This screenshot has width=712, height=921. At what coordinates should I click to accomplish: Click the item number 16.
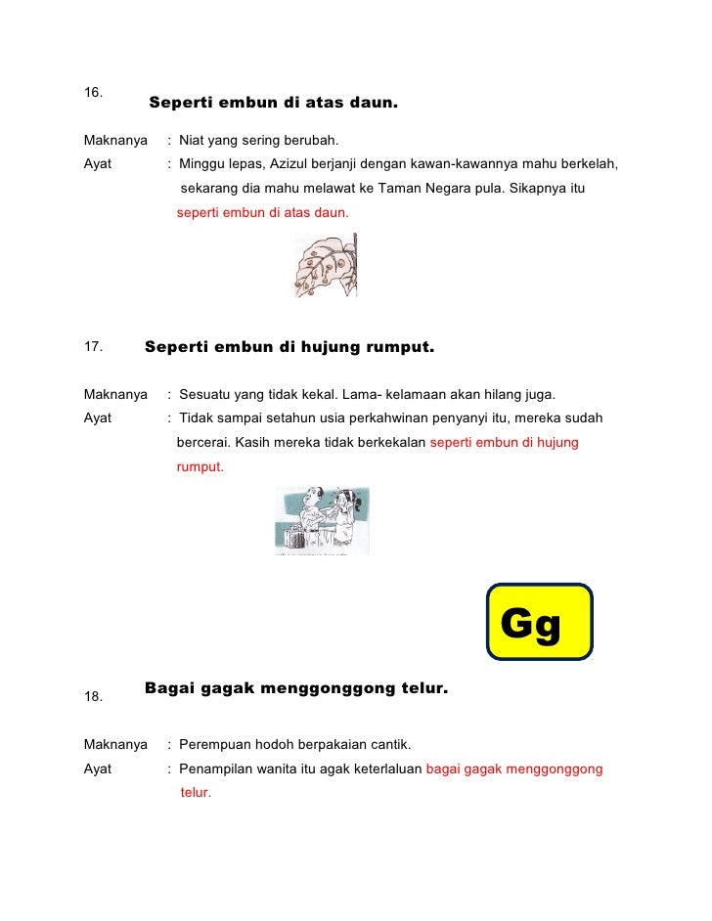(x=93, y=93)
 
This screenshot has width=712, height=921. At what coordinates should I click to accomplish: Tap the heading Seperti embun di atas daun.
(x=273, y=103)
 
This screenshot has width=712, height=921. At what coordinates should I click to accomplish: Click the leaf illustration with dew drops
(x=326, y=266)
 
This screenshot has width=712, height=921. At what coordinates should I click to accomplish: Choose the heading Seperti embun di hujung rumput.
(x=289, y=347)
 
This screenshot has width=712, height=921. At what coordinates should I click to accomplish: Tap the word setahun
(x=288, y=418)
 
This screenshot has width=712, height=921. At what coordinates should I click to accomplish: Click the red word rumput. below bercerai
(x=200, y=467)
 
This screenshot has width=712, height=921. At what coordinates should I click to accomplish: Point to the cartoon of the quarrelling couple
(x=322, y=521)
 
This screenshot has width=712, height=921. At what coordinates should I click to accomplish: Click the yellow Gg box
(x=539, y=622)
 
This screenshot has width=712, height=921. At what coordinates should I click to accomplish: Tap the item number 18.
(x=93, y=697)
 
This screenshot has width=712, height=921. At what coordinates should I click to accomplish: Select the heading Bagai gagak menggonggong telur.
(x=295, y=688)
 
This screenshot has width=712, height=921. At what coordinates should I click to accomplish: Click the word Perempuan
(x=213, y=745)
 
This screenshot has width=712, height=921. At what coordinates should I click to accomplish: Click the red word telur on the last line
(x=194, y=793)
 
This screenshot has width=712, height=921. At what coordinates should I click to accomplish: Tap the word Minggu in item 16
(x=201, y=163)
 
